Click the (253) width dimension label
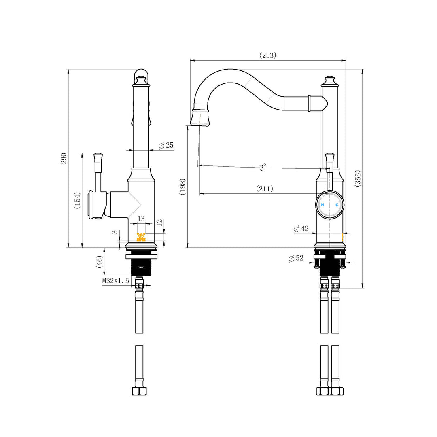(267, 55)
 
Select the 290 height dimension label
(64, 158)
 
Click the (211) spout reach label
(264, 189)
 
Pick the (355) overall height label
(357, 178)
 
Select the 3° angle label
(263, 168)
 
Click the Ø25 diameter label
(166, 145)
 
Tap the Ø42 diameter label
(301, 229)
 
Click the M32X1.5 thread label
(115, 280)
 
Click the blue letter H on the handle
(322, 205)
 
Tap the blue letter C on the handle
(337, 205)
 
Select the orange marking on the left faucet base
(141, 237)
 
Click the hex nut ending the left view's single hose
(139, 391)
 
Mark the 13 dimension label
(141, 218)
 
